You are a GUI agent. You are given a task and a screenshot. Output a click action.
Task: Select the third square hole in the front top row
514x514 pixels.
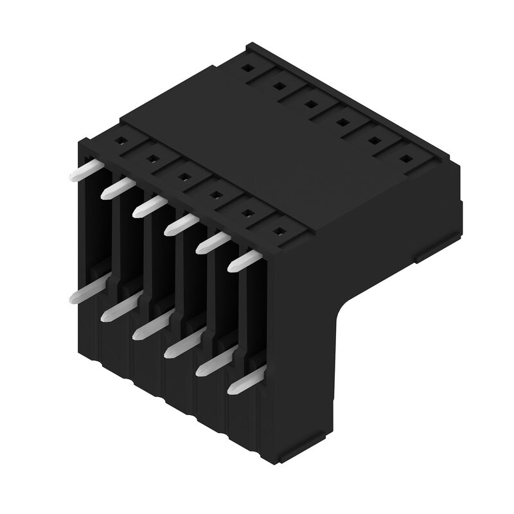click(x=183, y=173)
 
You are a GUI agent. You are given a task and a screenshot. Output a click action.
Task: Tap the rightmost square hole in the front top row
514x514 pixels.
click(x=279, y=229)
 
